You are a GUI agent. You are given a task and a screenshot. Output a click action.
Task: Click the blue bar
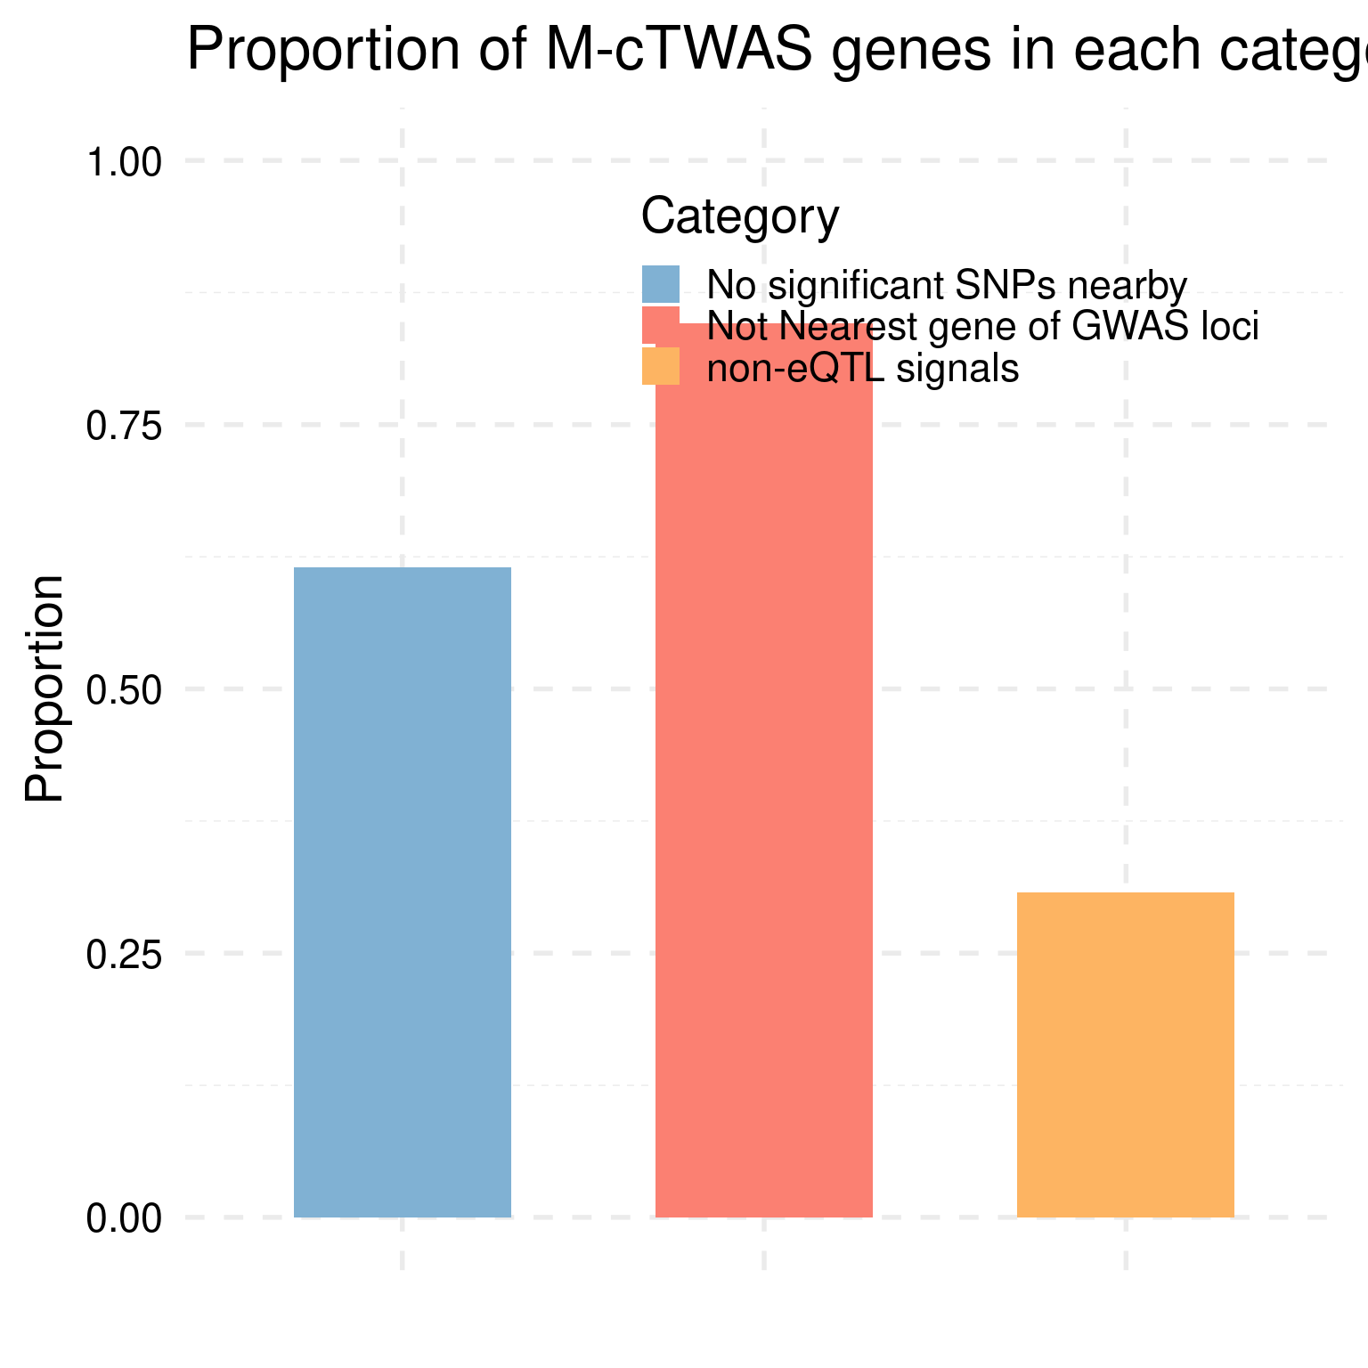(x=403, y=892)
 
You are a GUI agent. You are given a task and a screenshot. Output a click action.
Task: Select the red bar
(x=763, y=802)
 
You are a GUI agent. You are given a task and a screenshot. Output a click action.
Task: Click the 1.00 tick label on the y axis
(x=124, y=163)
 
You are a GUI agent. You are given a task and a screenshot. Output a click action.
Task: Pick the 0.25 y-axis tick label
(x=124, y=954)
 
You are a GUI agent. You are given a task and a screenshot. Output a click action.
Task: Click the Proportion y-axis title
(x=45, y=688)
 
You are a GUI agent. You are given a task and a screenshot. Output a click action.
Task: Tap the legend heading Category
(x=740, y=216)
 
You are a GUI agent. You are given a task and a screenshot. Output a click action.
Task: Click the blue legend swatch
(x=661, y=284)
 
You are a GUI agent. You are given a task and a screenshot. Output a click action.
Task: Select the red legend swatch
(x=661, y=325)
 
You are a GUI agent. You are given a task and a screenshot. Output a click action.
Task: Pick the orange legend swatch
(x=661, y=366)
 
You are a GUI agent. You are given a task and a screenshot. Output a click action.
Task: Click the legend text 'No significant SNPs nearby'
(x=947, y=285)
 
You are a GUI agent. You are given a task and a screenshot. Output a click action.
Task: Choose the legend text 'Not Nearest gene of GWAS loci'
(x=982, y=327)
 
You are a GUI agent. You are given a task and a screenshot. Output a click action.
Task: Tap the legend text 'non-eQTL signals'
(x=862, y=368)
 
